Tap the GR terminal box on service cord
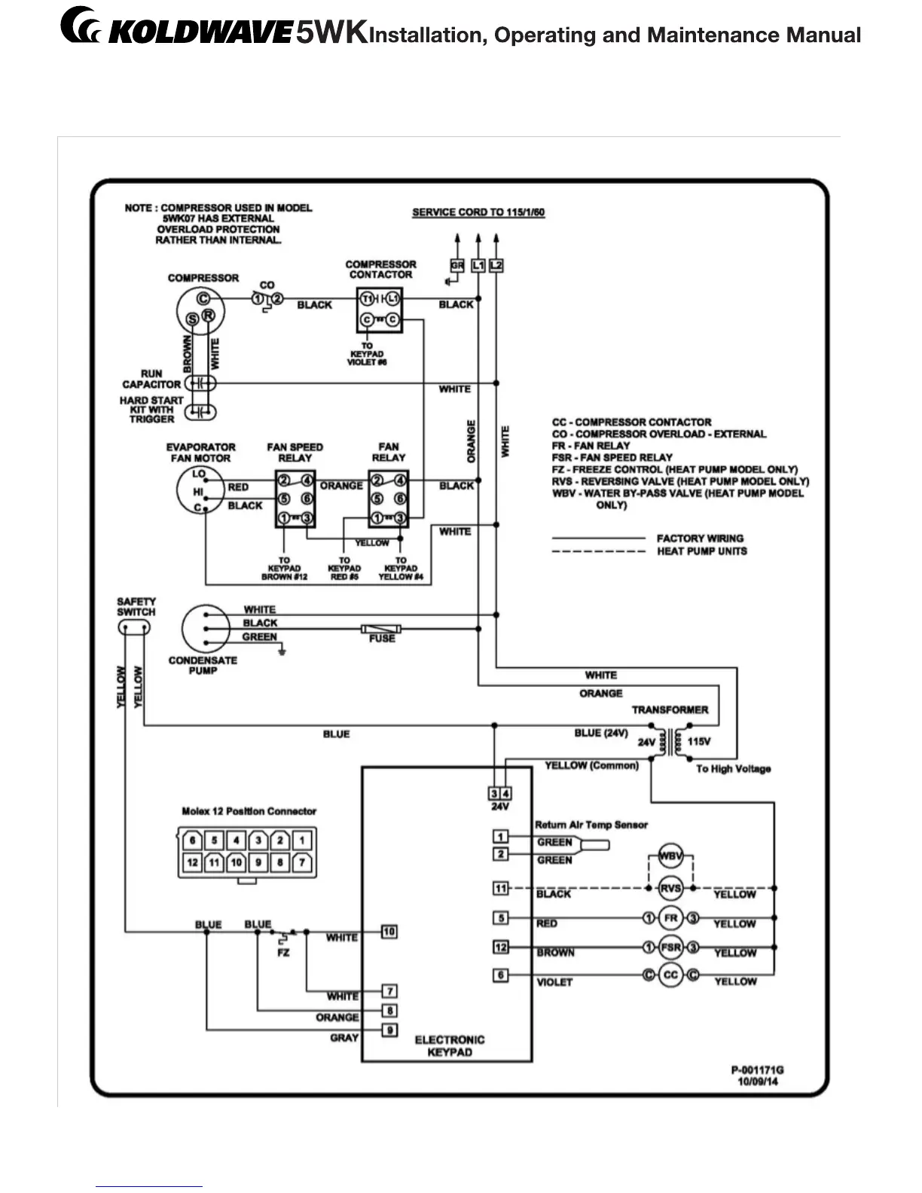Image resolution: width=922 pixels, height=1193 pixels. click(457, 265)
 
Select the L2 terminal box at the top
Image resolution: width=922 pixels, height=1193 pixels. click(496, 265)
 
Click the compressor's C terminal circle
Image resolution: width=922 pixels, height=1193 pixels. click(203, 299)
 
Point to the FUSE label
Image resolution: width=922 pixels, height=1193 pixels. click(382, 639)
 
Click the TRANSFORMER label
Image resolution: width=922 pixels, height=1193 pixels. click(670, 709)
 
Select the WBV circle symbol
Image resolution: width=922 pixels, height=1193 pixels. click(670, 856)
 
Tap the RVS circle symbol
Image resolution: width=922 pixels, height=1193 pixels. click(670, 888)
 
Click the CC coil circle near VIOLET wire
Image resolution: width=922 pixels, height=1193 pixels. click(670, 975)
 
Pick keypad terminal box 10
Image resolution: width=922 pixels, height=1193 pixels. click(389, 932)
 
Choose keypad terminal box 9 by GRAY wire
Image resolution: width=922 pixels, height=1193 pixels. click(389, 1030)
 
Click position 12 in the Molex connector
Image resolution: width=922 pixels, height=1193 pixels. click(193, 862)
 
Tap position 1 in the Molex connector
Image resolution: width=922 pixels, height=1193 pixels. click(301, 840)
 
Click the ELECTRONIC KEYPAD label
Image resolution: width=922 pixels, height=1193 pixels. click(450, 1045)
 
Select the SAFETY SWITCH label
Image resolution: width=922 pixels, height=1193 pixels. click(136, 607)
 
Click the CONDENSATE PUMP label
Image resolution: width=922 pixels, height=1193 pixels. click(203, 665)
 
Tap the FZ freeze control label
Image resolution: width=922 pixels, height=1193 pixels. click(283, 953)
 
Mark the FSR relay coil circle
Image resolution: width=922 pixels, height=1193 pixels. click(670, 947)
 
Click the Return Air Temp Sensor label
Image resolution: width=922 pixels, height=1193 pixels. click(591, 825)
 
